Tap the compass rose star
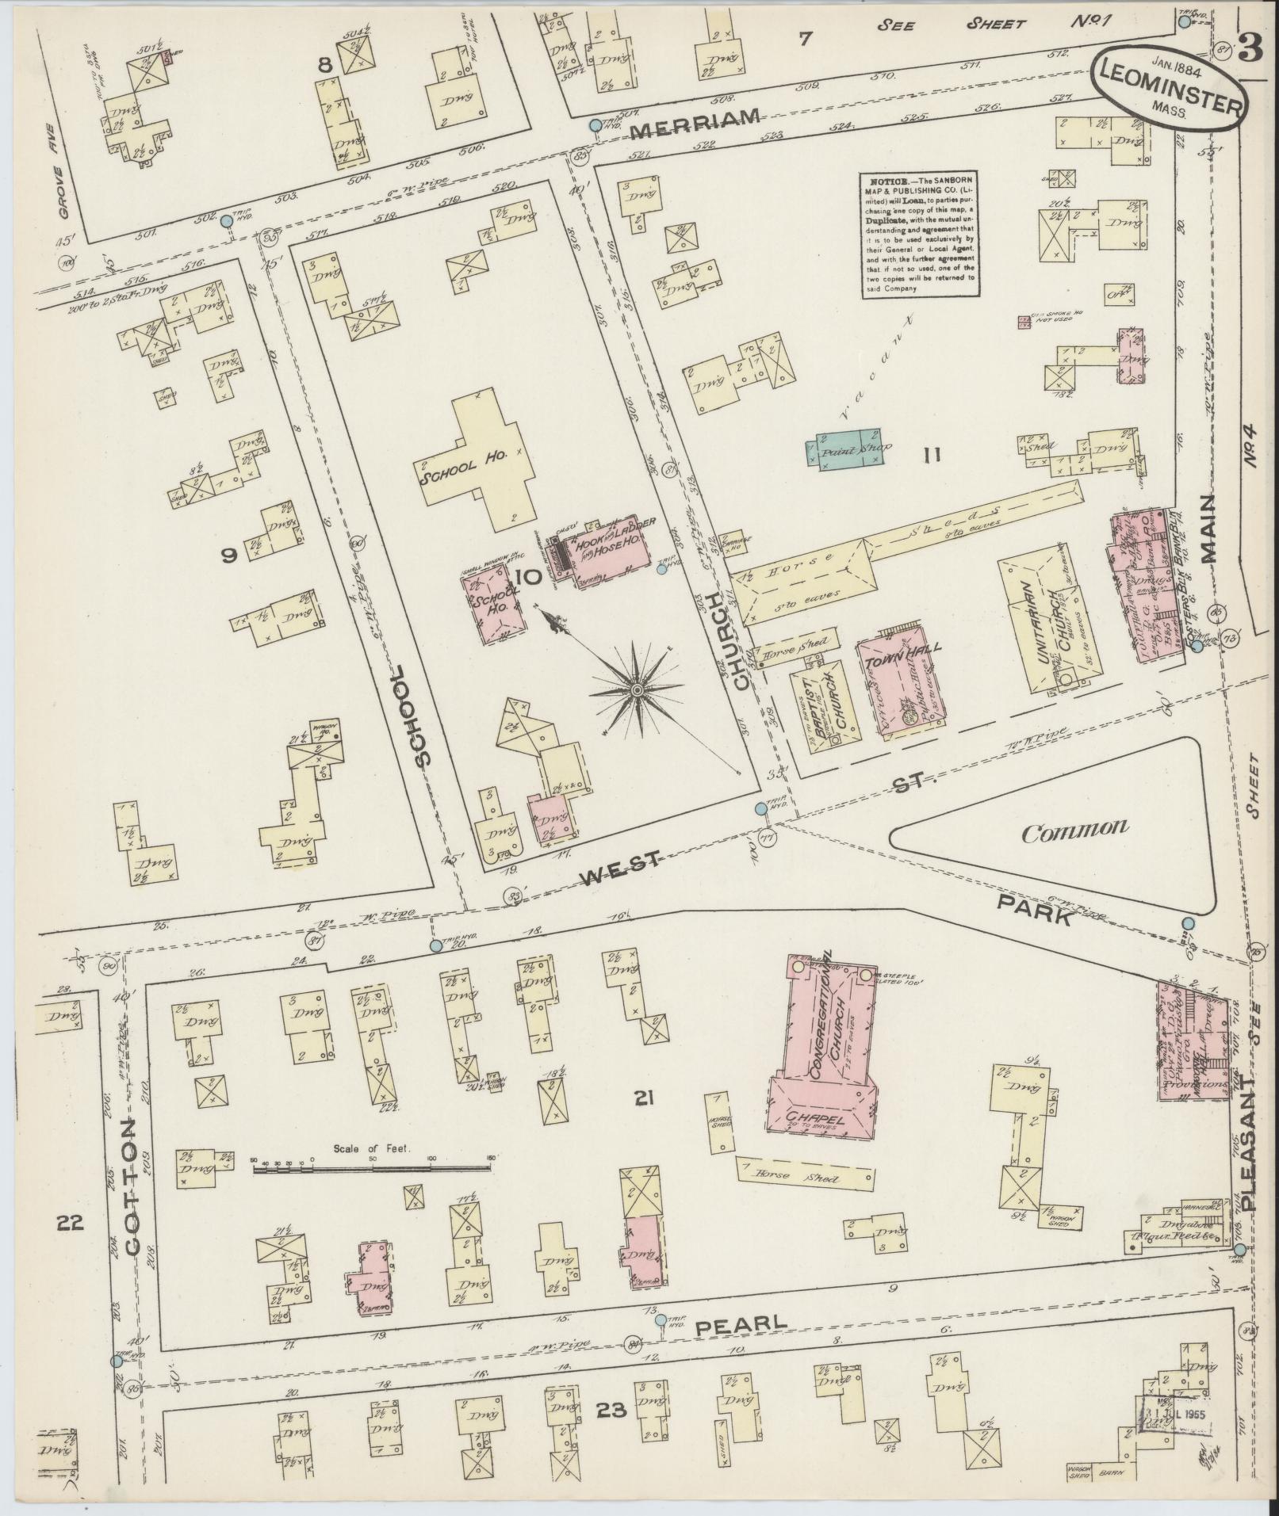pyautogui.click(x=636, y=691)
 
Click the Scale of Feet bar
pyautogui.click(x=372, y=1168)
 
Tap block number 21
pyautogui.click(x=643, y=1098)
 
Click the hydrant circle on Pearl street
pyautogui.click(x=661, y=1319)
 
